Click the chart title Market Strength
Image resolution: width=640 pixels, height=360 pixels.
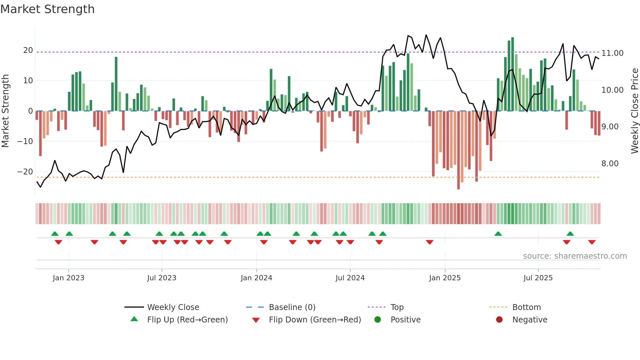click(47, 9)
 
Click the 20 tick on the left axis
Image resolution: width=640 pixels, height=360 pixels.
click(28, 50)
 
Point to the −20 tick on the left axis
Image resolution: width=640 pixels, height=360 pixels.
click(25, 172)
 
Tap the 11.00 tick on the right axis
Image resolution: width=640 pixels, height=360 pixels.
click(612, 53)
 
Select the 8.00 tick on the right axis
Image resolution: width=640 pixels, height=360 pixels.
click(610, 164)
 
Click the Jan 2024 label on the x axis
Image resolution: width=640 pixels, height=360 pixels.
click(256, 278)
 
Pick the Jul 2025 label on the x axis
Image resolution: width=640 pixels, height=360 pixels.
click(538, 278)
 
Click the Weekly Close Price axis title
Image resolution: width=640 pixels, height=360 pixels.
click(634, 111)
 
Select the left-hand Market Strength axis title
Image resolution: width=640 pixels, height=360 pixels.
click(5, 111)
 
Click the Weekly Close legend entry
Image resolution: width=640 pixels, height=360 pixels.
click(173, 307)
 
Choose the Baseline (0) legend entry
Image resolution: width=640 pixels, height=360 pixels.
click(292, 307)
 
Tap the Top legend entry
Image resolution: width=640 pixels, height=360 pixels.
click(397, 307)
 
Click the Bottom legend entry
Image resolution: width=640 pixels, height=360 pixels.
click(526, 307)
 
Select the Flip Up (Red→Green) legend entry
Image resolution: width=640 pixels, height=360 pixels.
click(187, 320)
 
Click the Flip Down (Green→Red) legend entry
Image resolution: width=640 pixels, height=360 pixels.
click(314, 320)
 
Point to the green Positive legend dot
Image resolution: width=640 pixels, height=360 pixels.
click(378, 320)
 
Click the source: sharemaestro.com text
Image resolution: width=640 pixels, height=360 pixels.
click(575, 256)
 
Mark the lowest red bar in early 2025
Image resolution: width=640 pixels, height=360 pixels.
click(458, 150)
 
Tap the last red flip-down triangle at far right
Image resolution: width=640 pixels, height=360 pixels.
click(592, 242)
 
